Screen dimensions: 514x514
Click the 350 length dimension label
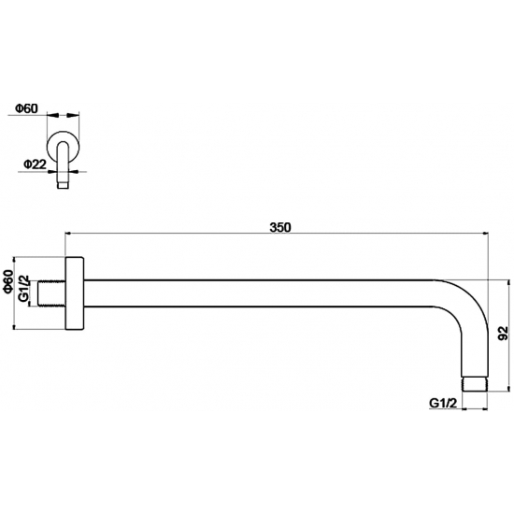point(280,227)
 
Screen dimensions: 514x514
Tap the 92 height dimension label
point(503,334)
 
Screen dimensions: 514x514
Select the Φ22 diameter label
point(35,164)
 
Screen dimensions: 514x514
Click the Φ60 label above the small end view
point(27,108)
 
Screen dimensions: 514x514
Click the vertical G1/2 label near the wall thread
point(23,289)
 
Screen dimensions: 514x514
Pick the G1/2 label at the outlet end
point(443,403)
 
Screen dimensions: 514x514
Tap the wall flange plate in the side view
point(75,293)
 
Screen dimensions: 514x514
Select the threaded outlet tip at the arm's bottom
point(475,384)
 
